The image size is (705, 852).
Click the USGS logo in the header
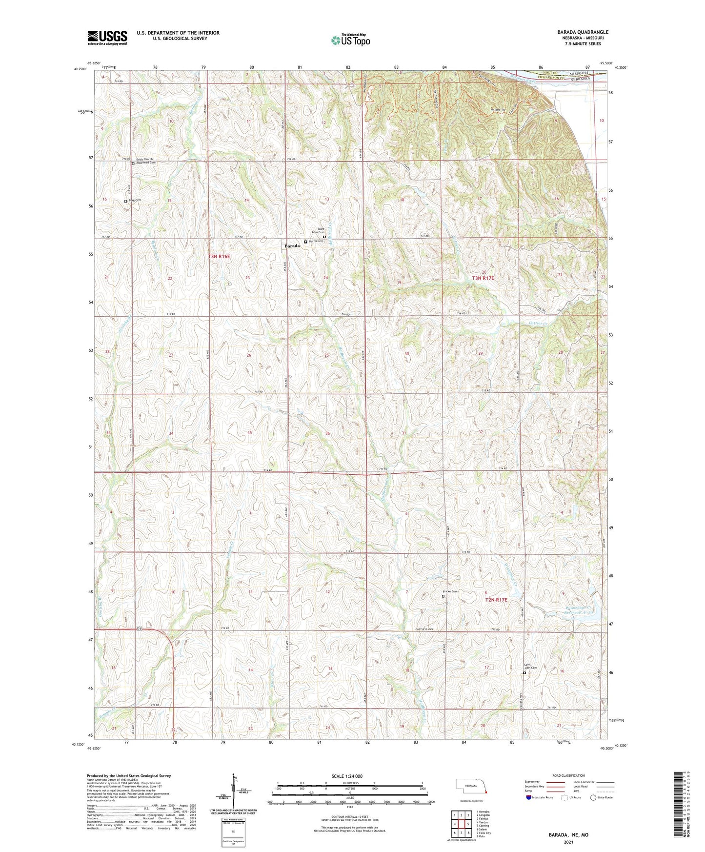[107, 38]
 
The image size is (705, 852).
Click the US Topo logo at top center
[350, 41]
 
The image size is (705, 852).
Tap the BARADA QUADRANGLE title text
[583, 32]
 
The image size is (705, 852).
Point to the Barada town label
[292, 246]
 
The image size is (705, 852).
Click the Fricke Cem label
[450, 592]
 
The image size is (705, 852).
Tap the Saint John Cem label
[530, 667]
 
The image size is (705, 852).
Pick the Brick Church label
[144, 159]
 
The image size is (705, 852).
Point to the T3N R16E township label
[219, 256]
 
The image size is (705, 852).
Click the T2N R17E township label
[496, 600]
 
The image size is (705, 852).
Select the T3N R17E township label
[483, 278]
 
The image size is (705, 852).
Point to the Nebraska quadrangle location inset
[470, 788]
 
